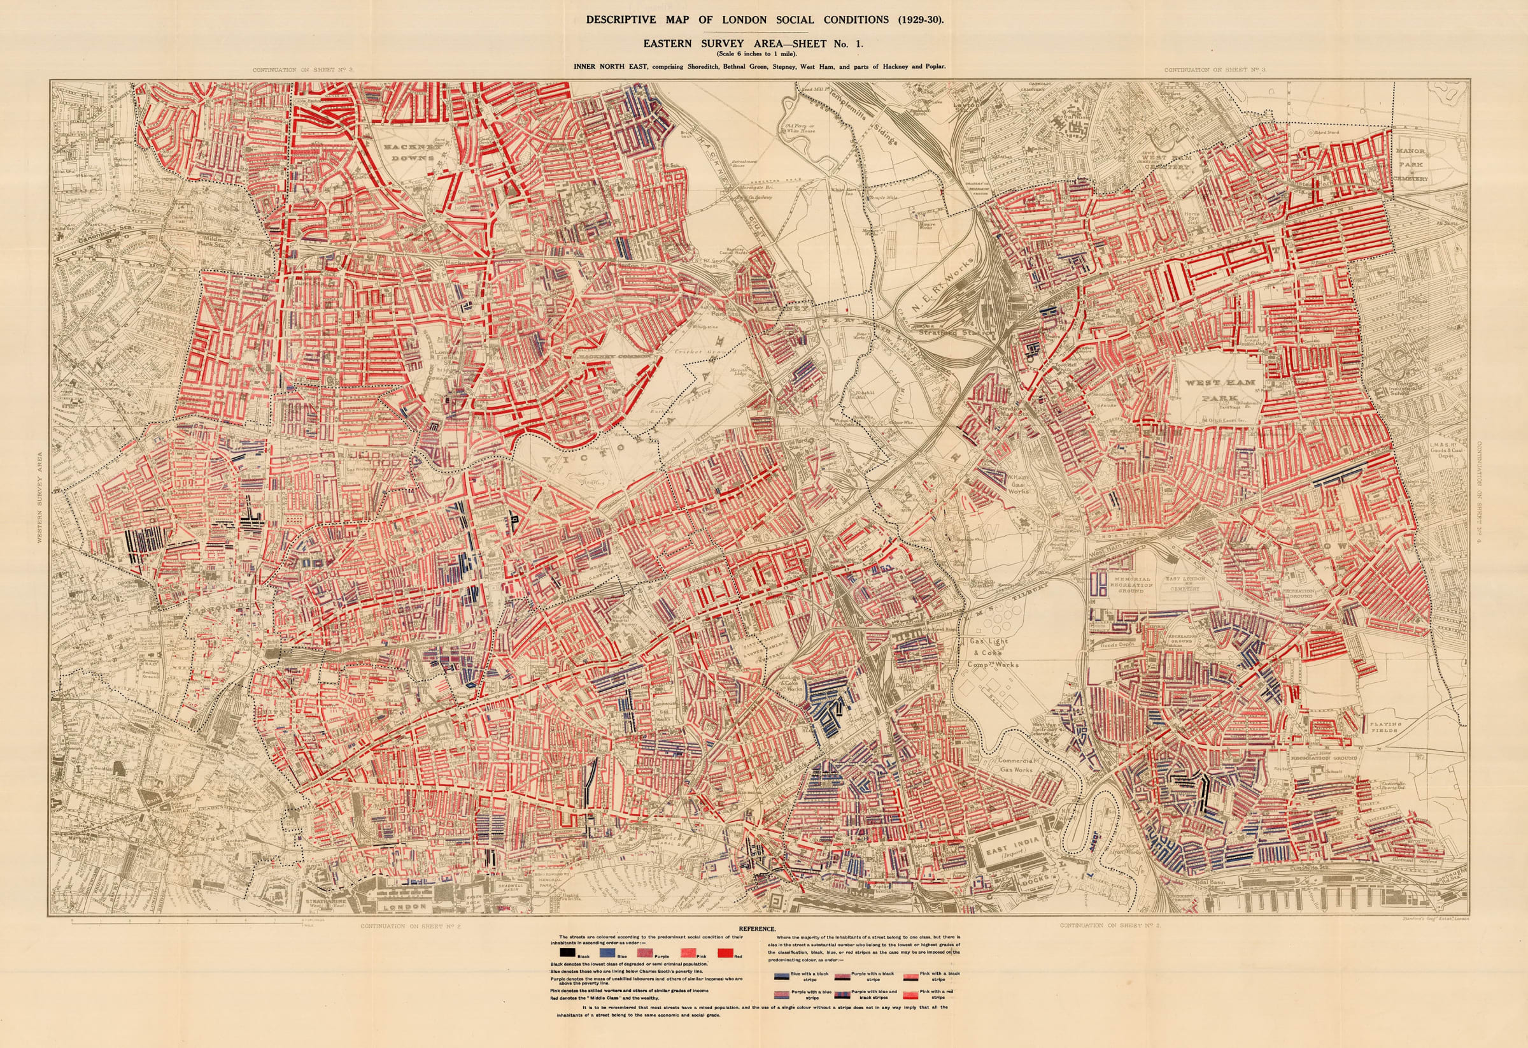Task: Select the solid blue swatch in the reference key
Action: (607, 952)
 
